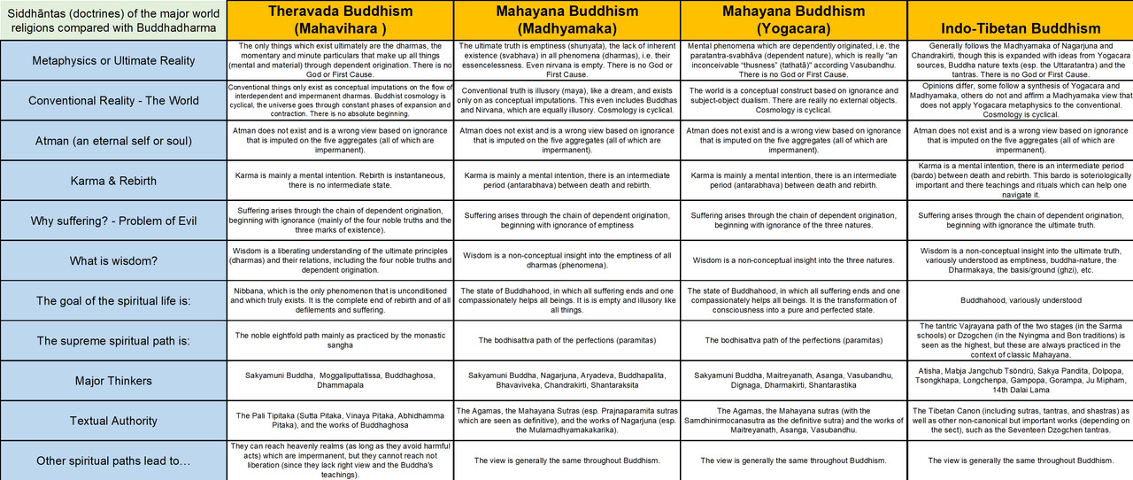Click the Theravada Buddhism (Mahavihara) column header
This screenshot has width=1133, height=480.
(339, 19)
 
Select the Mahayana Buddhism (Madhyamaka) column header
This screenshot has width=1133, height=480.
(566, 19)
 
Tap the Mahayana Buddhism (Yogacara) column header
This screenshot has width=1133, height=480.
(794, 19)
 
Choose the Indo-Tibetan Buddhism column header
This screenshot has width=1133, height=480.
(1020, 19)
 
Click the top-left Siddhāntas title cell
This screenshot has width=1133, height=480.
(112, 19)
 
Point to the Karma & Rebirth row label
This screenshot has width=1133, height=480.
(112, 181)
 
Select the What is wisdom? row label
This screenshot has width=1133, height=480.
(112, 260)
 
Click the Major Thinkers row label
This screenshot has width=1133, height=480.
(112, 381)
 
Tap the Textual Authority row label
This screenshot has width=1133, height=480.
(112, 421)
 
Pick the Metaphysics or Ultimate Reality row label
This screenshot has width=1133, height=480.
(112, 60)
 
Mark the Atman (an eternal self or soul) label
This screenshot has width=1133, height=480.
(112, 140)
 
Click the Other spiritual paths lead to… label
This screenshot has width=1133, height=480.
(112, 461)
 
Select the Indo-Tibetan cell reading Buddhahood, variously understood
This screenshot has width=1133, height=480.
(1020, 300)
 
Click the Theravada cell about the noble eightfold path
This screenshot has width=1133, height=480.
(339, 340)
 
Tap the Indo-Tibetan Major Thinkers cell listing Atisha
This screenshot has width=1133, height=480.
(1020, 381)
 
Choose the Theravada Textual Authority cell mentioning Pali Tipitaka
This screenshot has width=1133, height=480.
(339, 421)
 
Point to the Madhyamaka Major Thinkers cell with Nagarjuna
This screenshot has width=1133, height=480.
(566, 381)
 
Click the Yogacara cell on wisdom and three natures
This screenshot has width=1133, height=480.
(794, 260)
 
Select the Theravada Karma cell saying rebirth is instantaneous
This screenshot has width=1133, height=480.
(339, 181)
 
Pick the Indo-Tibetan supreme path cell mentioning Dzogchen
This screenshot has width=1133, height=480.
(1020, 340)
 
